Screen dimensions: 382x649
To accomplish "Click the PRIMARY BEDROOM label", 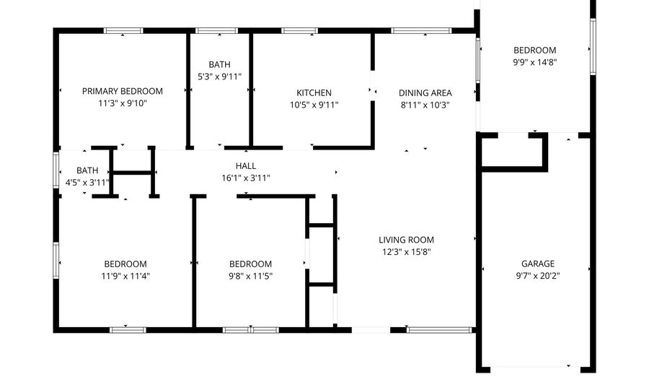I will coord(122,92).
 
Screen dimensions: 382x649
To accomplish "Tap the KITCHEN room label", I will coord(314,93).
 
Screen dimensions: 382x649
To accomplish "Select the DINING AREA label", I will coord(425,93).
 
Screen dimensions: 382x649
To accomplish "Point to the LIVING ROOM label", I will coord(407,240).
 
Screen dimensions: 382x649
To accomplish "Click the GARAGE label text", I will coord(538,264).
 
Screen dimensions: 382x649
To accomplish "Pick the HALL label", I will coord(246,166).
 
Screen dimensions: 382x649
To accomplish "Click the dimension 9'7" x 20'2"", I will coord(538,276).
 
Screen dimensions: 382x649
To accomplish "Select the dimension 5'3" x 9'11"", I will coord(219,77).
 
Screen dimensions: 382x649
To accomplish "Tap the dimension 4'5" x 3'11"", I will coord(87,183).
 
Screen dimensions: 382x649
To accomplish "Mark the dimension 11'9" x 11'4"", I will coord(125,276).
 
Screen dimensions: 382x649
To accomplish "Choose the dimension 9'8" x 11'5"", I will coord(250,276).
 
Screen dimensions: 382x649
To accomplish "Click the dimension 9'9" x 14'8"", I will coord(534,62).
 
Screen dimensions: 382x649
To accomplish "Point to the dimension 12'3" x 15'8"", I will coord(407,252).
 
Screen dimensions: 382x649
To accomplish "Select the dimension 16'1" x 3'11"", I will coord(246,178).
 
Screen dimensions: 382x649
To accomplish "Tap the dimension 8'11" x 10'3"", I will coord(425,105).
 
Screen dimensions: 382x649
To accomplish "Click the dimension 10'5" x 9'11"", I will coord(314,105).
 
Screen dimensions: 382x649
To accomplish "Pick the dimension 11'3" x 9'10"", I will coord(122,103).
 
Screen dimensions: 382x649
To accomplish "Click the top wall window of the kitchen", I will coord(299,31).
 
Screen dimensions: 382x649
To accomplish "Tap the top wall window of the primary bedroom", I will coord(123,31).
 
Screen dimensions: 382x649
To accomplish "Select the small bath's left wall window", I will coord(57,170).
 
